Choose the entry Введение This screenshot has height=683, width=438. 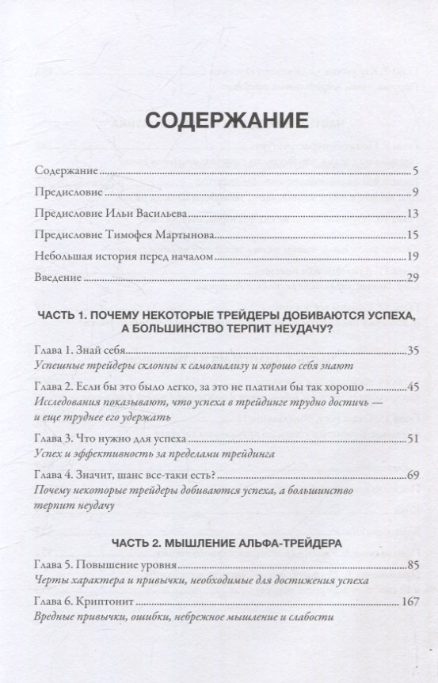[59, 278]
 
